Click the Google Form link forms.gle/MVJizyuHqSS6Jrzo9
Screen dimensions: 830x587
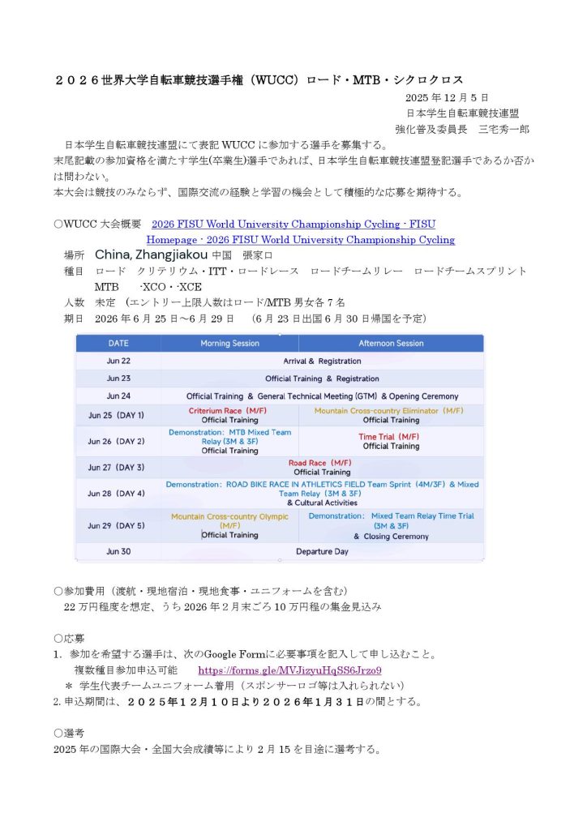click(289, 670)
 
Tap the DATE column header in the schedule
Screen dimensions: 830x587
click(118, 343)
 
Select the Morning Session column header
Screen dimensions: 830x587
click(229, 343)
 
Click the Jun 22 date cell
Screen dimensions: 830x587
click(118, 361)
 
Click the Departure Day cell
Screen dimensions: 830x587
click(322, 551)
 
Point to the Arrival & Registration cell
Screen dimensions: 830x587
click(322, 361)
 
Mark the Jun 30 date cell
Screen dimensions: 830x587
click(118, 551)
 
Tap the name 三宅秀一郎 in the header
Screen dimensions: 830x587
click(503, 128)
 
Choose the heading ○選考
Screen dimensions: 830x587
click(69, 732)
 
